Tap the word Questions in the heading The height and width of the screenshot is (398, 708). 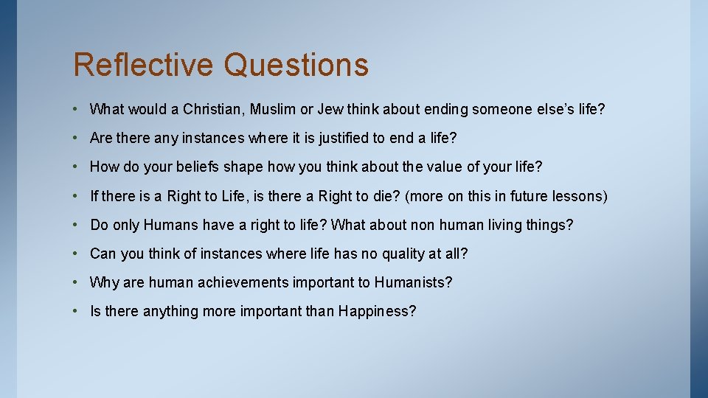[x=296, y=64]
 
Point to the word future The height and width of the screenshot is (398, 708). [x=527, y=196]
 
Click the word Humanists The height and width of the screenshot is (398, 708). [x=413, y=282]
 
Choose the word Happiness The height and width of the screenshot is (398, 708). [x=377, y=311]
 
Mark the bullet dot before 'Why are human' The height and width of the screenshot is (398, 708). [x=77, y=282]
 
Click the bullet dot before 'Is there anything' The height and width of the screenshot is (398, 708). [x=77, y=311]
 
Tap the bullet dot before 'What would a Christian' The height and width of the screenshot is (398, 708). [x=77, y=110]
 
